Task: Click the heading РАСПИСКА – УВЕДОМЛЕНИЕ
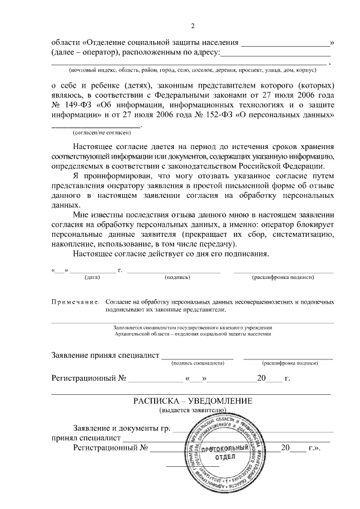coord(192,401)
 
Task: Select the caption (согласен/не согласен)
coord(102,133)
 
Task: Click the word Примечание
coord(75,302)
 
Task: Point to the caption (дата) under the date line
coord(92,277)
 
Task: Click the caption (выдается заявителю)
coord(192,411)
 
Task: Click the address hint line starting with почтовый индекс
coord(192,70)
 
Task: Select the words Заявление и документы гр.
coord(121,429)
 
